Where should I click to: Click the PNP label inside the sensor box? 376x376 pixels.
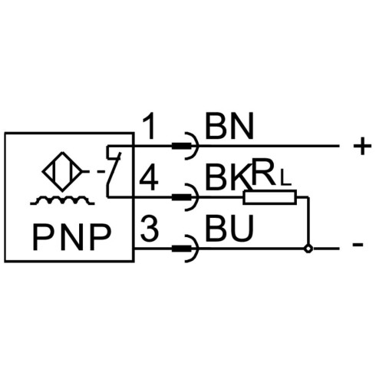[x=72, y=237]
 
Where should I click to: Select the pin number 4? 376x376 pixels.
[x=149, y=177]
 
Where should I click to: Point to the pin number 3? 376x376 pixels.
[x=150, y=229]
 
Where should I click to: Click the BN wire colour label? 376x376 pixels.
[x=229, y=126]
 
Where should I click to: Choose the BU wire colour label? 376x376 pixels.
[x=229, y=229]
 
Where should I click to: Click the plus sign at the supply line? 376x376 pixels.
[x=362, y=146]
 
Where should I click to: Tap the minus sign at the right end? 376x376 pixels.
[x=358, y=245]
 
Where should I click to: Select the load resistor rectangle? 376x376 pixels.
[x=270, y=197]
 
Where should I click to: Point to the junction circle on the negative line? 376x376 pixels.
[x=308, y=248]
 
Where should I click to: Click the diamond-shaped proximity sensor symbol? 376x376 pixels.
[x=63, y=171]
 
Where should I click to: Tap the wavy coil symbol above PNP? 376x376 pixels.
[x=62, y=200]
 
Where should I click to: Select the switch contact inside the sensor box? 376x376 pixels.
[x=114, y=172]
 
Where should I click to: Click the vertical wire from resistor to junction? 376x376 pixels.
[x=308, y=220]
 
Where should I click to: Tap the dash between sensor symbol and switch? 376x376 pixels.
[x=101, y=171]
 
